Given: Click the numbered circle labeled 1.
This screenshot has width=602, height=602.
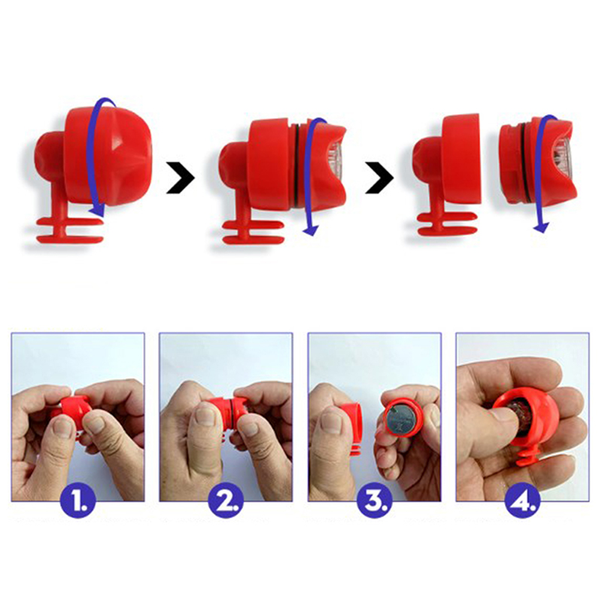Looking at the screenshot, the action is coord(78,500).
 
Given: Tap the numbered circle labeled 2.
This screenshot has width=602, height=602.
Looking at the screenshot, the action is coord(227,500).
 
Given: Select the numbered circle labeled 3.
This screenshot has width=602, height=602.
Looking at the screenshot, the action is coord(375,500).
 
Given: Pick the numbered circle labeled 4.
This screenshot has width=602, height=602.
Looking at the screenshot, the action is coord(522,500).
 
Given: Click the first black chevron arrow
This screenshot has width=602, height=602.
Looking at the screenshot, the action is coord(181,178).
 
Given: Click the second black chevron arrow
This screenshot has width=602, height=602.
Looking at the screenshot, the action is coord(380,178).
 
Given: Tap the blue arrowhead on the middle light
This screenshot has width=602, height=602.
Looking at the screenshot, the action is coord(311,230).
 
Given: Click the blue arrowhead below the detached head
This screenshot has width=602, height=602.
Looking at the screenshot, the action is coord(541,227).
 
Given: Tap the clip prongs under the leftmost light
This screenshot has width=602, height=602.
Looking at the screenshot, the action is coord(70,230).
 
